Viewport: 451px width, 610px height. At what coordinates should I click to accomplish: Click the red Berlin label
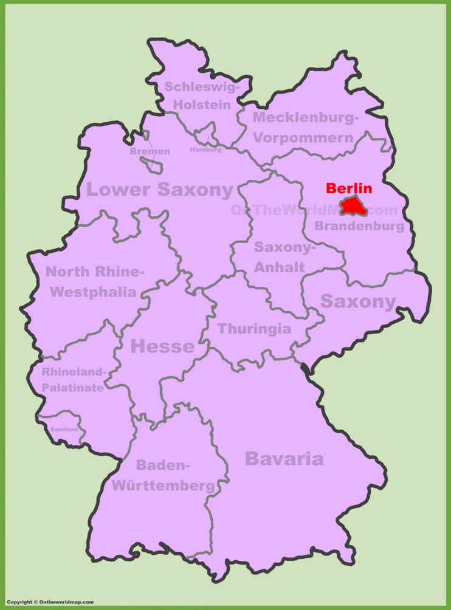point(348,188)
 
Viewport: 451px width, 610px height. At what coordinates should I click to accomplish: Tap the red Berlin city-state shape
point(352,207)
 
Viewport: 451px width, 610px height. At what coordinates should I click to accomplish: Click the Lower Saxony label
point(159,190)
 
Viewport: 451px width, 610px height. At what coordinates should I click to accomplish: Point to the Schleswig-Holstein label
point(202,95)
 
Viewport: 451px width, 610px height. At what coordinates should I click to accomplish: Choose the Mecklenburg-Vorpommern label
point(305,127)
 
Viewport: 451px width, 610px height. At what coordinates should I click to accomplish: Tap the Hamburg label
point(205,149)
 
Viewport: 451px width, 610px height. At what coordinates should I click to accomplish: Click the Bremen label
point(150,151)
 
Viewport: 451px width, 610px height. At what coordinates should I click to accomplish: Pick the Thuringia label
point(254,329)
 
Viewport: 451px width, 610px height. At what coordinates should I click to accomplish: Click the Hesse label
point(162,346)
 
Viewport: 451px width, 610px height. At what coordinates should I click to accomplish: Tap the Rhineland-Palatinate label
point(73,380)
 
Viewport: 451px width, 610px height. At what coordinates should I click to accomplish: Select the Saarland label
point(63,429)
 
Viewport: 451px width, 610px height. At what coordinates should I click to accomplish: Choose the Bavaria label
point(284,459)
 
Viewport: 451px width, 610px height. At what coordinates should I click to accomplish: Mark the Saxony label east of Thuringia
point(357,301)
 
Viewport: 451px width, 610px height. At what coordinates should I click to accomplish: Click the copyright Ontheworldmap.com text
point(51,601)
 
